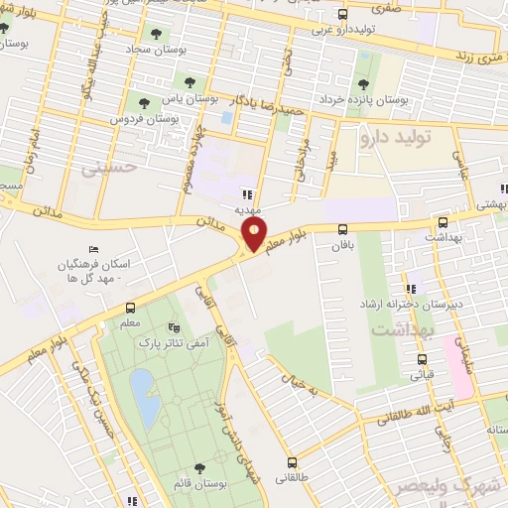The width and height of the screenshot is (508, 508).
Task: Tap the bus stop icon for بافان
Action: click(x=343, y=229)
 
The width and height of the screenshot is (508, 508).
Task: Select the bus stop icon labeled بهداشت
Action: click(x=441, y=222)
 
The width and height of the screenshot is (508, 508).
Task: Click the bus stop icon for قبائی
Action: click(x=422, y=360)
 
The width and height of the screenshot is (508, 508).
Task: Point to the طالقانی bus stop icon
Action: click(x=292, y=461)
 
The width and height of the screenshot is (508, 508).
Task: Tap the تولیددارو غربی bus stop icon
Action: click(x=342, y=15)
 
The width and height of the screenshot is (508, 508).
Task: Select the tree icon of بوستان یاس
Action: click(x=189, y=82)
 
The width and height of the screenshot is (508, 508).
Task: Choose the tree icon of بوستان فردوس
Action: click(x=145, y=101)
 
